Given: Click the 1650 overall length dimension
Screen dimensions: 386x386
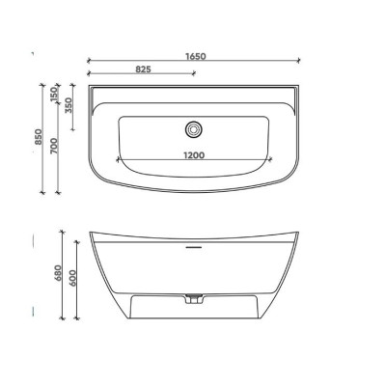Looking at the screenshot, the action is [x=196, y=56].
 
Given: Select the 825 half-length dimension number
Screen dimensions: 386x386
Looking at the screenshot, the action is [x=143, y=69].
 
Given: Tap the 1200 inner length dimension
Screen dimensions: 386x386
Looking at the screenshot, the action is [x=194, y=155].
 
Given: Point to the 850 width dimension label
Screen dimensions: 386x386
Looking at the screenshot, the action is [x=39, y=137].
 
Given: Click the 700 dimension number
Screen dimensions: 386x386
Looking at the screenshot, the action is [x=54, y=146].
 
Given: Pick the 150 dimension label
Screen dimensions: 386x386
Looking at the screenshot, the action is [x=54, y=95].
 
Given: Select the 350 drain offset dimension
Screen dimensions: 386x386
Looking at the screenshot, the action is [x=69, y=105].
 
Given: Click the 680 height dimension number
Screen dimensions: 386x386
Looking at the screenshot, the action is [x=58, y=273].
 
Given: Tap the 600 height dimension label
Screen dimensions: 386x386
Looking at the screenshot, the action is [x=72, y=279].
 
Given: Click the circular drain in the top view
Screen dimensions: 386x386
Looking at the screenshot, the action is [x=193, y=129].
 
